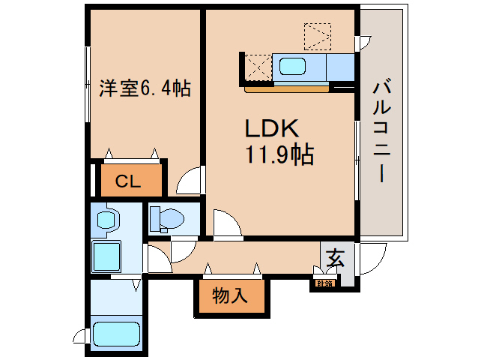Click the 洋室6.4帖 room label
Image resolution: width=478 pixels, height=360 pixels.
point(145,88)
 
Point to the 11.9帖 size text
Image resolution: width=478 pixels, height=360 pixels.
point(277,155)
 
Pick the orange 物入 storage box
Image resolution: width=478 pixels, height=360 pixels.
point(231,295)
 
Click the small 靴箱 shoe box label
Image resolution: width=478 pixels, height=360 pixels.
point(324,283)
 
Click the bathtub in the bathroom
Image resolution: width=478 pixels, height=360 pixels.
point(115,334)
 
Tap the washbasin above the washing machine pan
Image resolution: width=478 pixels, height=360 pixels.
point(109,220)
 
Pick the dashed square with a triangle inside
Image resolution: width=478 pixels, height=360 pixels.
point(317,35)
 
